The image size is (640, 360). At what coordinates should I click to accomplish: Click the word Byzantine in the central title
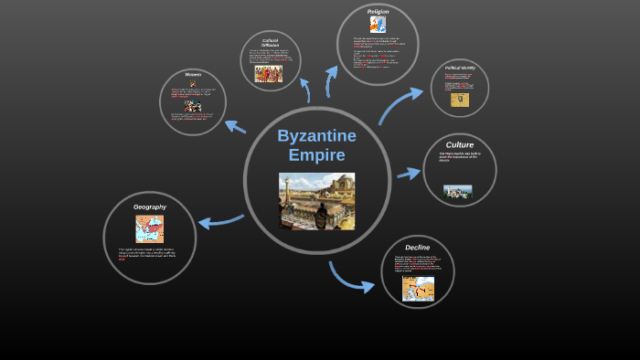pyautogui.click(x=316, y=136)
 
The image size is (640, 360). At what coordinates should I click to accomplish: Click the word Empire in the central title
pyautogui.click(x=316, y=155)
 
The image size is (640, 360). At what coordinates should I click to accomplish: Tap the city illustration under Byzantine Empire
pyautogui.click(x=316, y=201)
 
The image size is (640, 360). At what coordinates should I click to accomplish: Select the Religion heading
pyautogui.click(x=378, y=11)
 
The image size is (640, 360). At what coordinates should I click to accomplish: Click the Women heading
pyautogui.click(x=193, y=75)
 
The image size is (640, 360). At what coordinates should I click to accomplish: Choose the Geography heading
pyautogui.click(x=150, y=206)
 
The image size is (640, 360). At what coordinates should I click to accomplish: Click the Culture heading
pyautogui.click(x=459, y=144)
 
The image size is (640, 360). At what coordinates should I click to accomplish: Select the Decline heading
pyautogui.click(x=417, y=247)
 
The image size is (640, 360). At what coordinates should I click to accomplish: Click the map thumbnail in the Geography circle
pyautogui.click(x=149, y=228)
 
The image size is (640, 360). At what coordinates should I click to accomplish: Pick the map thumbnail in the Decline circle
pyautogui.click(x=418, y=289)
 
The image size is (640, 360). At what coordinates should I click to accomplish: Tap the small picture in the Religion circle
pyautogui.click(x=378, y=25)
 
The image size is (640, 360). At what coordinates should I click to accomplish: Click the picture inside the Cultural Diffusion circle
pyautogui.click(x=269, y=74)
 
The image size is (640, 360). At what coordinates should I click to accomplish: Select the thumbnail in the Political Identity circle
pyautogui.click(x=460, y=99)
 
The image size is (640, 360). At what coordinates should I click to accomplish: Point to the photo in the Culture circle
pyautogui.click(x=457, y=191)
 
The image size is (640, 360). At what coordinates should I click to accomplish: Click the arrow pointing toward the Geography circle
pyautogui.click(x=219, y=220)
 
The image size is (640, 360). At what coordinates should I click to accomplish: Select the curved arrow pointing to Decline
pyautogui.click(x=349, y=278)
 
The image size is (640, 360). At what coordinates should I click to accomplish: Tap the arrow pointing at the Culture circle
pyautogui.click(x=408, y=173)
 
